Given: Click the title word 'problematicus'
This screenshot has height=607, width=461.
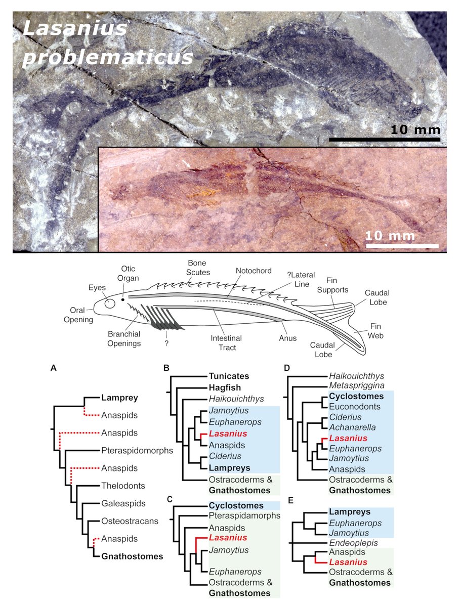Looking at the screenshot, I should [107, 56].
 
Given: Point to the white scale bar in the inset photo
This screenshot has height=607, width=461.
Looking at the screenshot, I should [401, 246].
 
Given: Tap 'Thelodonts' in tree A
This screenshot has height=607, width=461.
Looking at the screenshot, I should [123, 486].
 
